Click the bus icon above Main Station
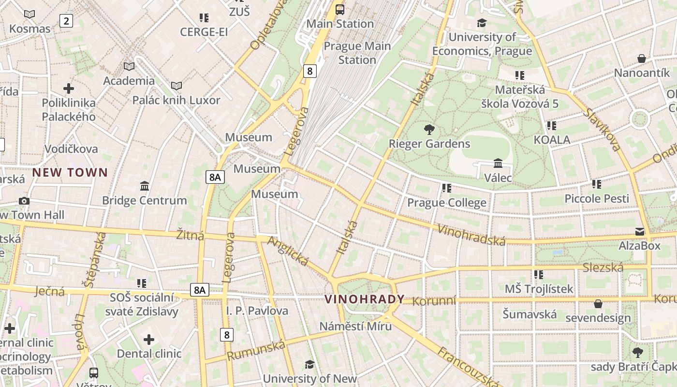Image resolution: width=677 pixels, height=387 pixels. (340, 9)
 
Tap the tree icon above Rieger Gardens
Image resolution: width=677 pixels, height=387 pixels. (429, 129)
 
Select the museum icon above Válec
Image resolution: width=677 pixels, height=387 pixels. (498, 163)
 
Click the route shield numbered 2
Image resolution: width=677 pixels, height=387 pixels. (66, 20)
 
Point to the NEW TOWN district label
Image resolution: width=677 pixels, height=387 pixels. (70, 172)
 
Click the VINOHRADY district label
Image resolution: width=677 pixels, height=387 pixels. (364, 299)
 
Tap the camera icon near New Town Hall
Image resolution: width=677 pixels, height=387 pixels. (24, 201)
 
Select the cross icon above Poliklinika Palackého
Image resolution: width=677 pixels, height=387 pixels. (69, 89)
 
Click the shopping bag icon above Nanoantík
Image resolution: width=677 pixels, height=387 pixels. (642, 59)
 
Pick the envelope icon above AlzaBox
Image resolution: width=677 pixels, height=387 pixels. (640, 232)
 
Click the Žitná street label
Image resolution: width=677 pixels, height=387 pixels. (190, 236)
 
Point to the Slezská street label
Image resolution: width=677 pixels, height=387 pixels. (603, 268)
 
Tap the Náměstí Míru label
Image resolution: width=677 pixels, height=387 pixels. (355, 326)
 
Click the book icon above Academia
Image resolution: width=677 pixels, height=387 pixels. (129, 66)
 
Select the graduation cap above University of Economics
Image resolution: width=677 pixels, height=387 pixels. (482, 23)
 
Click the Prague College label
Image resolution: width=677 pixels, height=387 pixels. (447, 203)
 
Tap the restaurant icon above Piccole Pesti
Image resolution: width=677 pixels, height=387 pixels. (597, 184)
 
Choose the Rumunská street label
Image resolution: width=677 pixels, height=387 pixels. (256, 350)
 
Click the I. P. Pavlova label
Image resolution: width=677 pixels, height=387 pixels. (257, 311)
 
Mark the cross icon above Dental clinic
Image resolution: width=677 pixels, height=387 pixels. (149, 340)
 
